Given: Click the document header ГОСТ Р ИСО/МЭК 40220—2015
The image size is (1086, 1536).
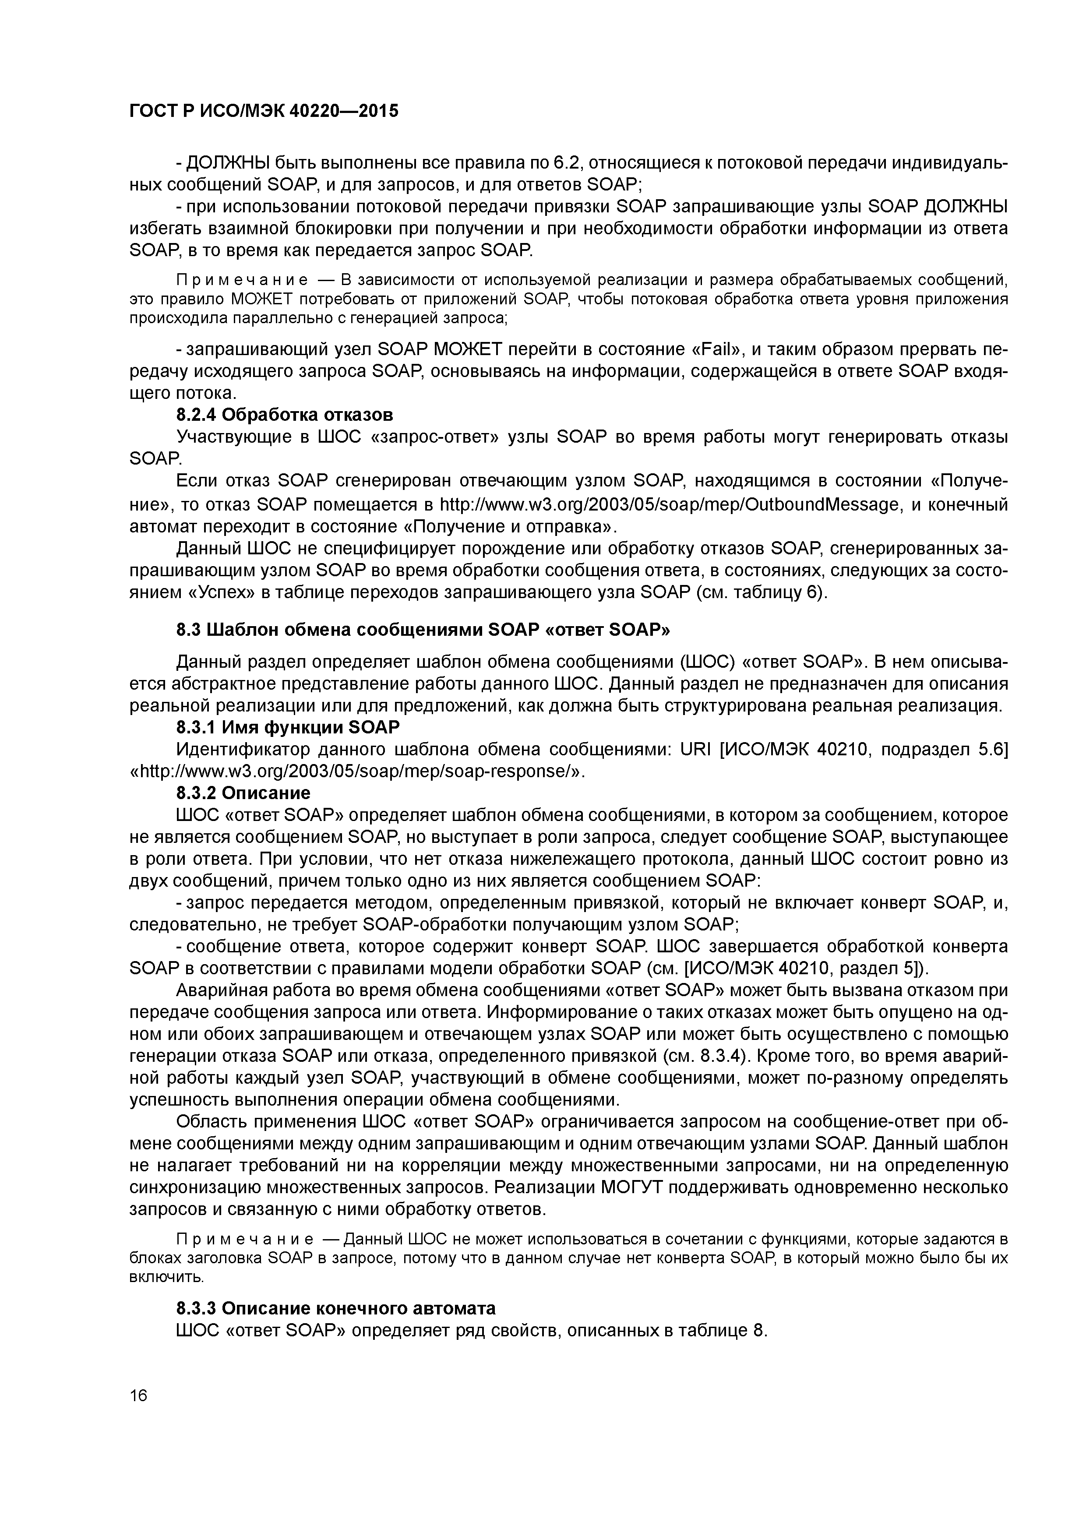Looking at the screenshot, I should (x=264, y=110).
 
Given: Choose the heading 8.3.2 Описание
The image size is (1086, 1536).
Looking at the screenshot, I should (x=243, y=793).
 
